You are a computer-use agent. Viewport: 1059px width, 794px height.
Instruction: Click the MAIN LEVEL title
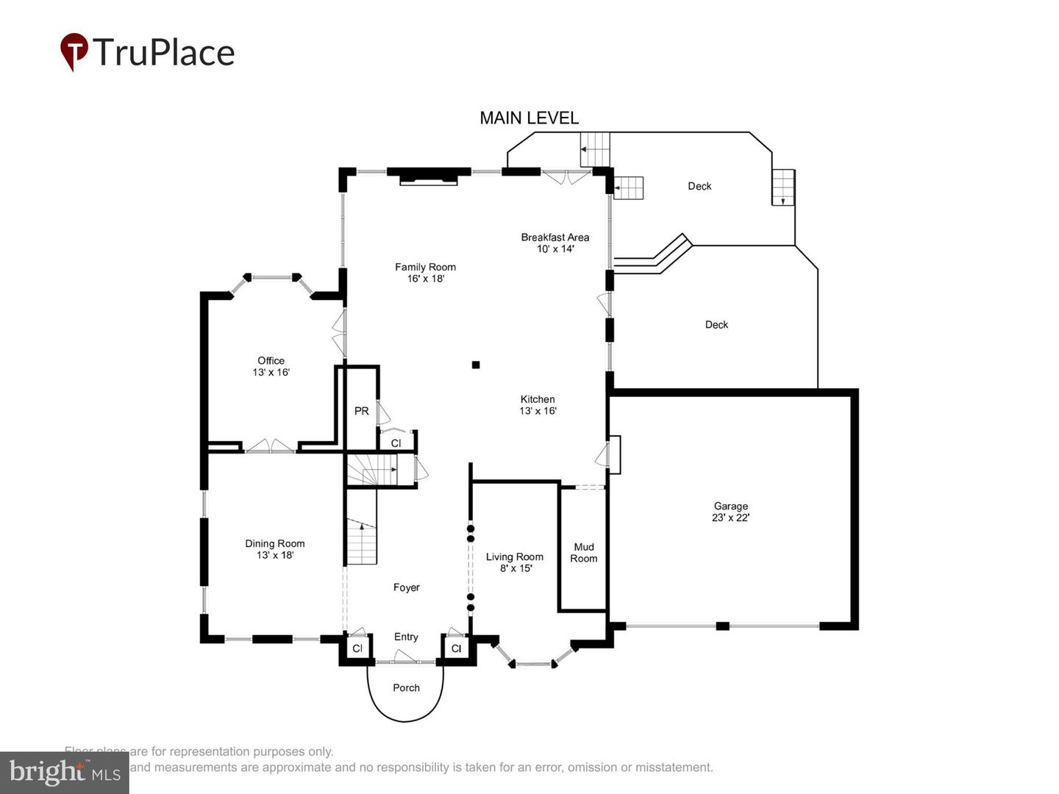(529, 118)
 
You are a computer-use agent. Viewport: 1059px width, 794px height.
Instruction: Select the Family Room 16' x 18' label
(425, 273)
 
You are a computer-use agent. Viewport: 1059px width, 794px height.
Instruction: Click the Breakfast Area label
(555, 243)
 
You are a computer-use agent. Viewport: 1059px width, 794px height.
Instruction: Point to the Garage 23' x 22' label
(730, 512)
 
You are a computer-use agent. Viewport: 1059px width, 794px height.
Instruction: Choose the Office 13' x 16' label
(271, 366)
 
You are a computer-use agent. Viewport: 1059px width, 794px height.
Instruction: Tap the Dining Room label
(274, 549)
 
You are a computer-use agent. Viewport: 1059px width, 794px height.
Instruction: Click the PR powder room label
(361, 411)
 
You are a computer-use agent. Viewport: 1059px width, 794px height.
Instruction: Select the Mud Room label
(584, 553)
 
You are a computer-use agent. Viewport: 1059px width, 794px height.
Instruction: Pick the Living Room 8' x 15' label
(514, 562)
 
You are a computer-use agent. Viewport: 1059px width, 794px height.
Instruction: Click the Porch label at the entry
(406, 688)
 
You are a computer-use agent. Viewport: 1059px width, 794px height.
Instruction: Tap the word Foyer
(406, 587)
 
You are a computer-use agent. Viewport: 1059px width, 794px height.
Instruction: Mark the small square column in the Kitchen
(476, 365)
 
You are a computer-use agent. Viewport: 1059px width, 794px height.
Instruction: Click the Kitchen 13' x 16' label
(538, 405)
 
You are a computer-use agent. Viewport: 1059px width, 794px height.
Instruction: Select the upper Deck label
(699, 186)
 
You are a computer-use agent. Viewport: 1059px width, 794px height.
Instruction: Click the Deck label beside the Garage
(716, 324)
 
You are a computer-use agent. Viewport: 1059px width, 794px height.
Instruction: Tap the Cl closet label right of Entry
(456, 648)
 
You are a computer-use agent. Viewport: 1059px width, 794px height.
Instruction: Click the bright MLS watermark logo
(65, 772)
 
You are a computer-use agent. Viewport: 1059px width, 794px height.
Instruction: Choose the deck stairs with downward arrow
(783, 187)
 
